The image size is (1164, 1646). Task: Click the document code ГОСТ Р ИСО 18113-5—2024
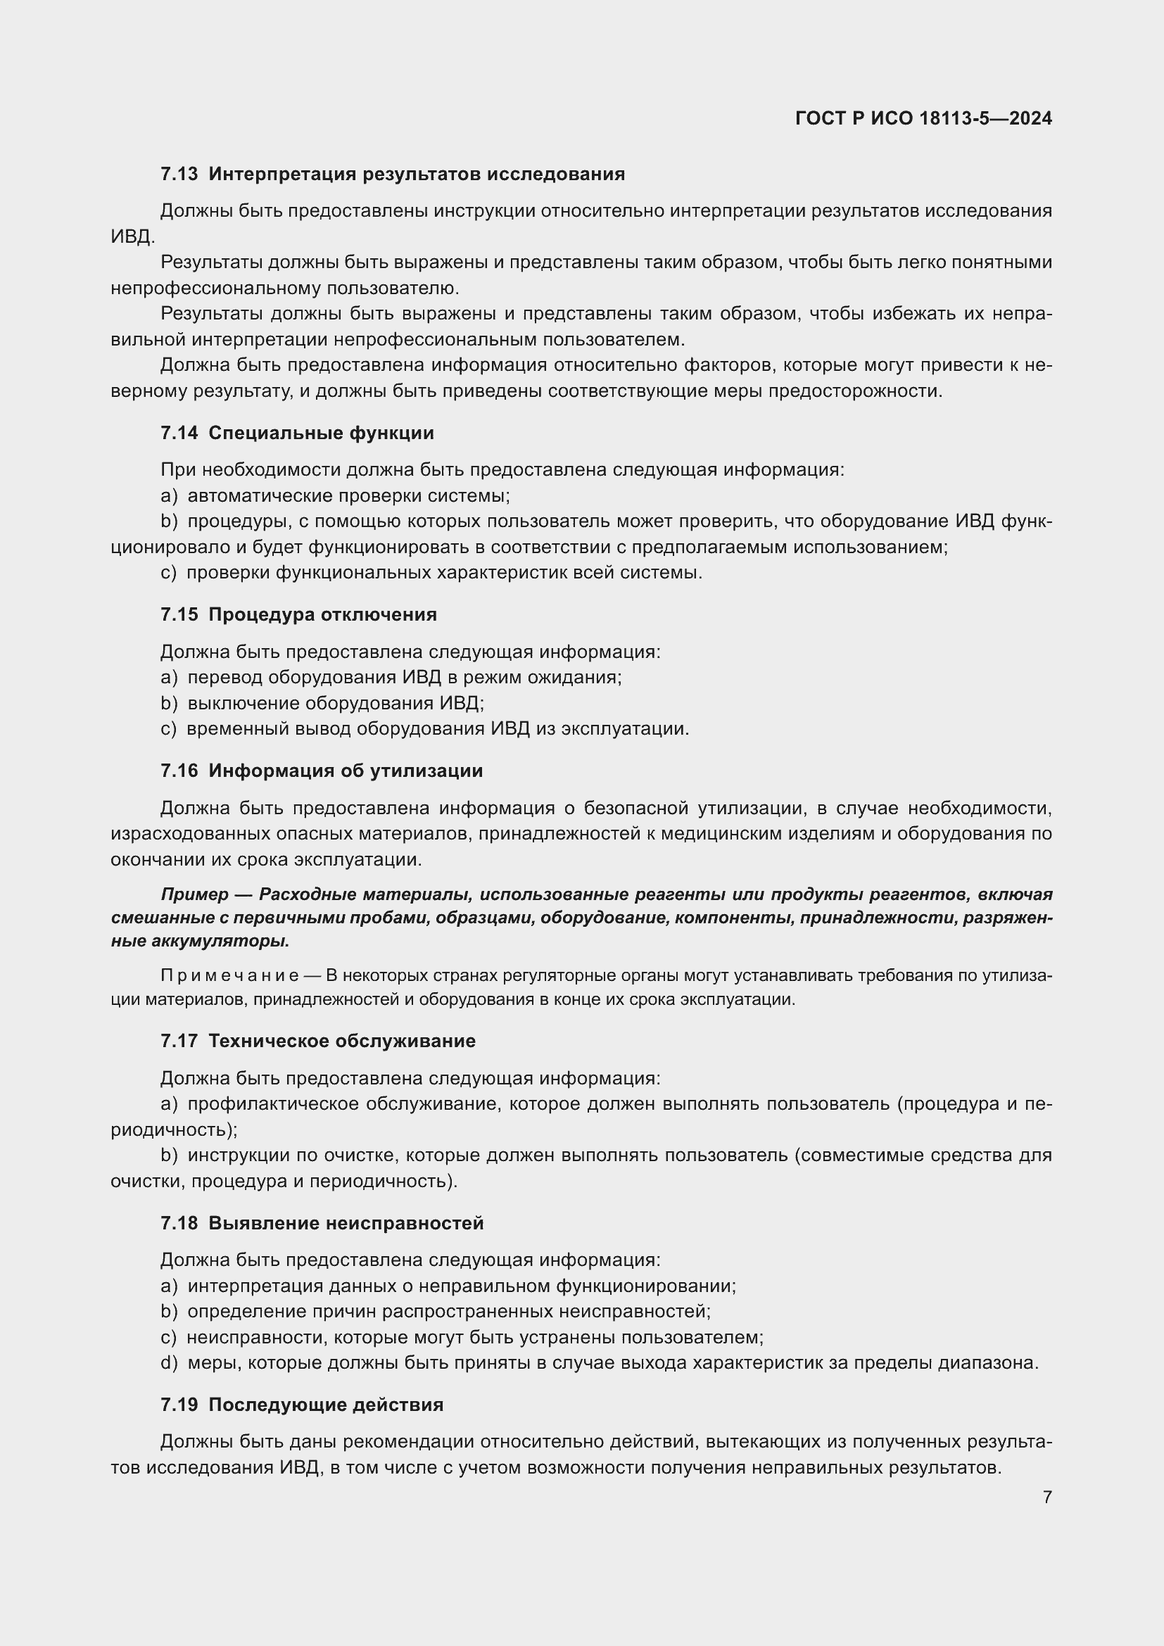point(923,118)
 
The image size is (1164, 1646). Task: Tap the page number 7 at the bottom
point(1046,1497)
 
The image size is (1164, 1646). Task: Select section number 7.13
point(179,175)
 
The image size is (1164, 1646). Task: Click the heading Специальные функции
point(321,433)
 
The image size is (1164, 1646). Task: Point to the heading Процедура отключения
point(322,614)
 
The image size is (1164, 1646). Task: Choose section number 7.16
point(179,771)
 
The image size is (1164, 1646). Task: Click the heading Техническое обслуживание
point(342,1041)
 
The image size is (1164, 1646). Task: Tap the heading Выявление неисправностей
point(346,1223)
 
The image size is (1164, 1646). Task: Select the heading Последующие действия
point(326,1405)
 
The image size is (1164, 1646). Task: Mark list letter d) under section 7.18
point(168,1363)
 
